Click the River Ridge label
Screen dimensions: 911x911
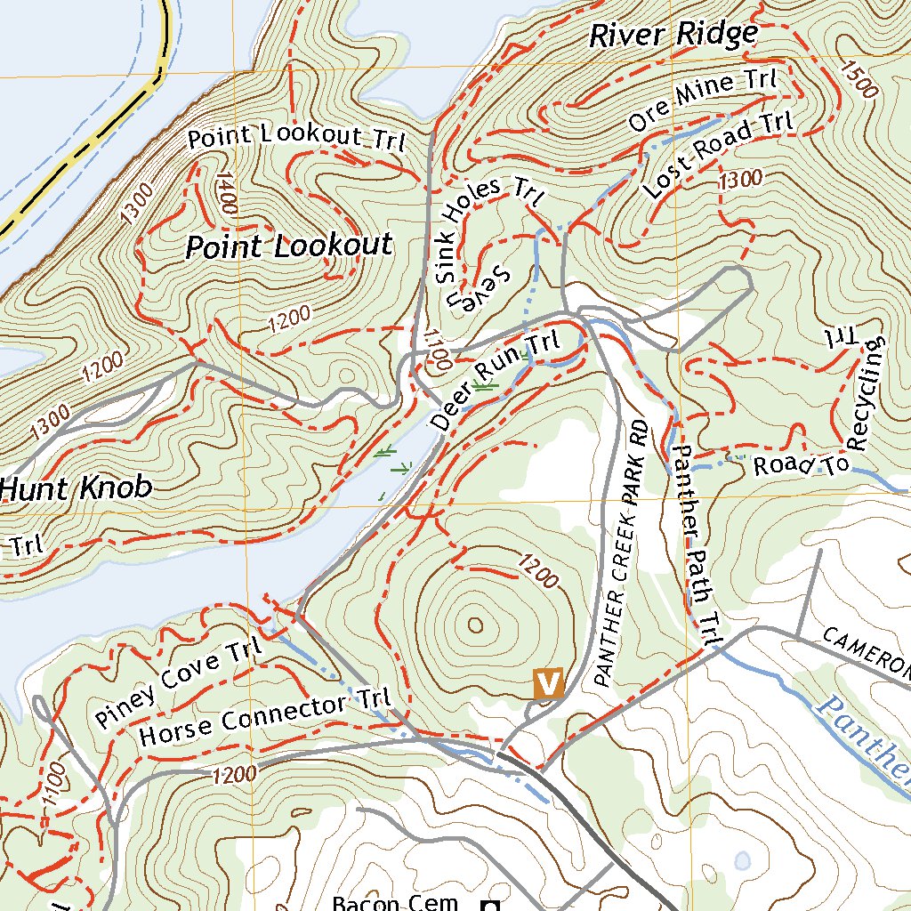pos(673,36)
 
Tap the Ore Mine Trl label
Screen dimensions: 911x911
pos(702,99)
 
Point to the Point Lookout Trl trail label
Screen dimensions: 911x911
pos(296,138)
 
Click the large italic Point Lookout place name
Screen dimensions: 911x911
pos(288,246)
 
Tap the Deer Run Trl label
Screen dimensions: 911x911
pos(496,381)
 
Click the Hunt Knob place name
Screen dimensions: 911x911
pos(76,488)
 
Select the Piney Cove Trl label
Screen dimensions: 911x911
pos(179,681)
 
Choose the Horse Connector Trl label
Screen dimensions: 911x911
pos(265,718)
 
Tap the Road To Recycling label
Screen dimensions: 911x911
pos(827,418)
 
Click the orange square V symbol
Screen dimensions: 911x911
pos(548,683)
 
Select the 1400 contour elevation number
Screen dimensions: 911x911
pos(225,192)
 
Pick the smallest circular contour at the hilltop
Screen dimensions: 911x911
pos(475,625)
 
